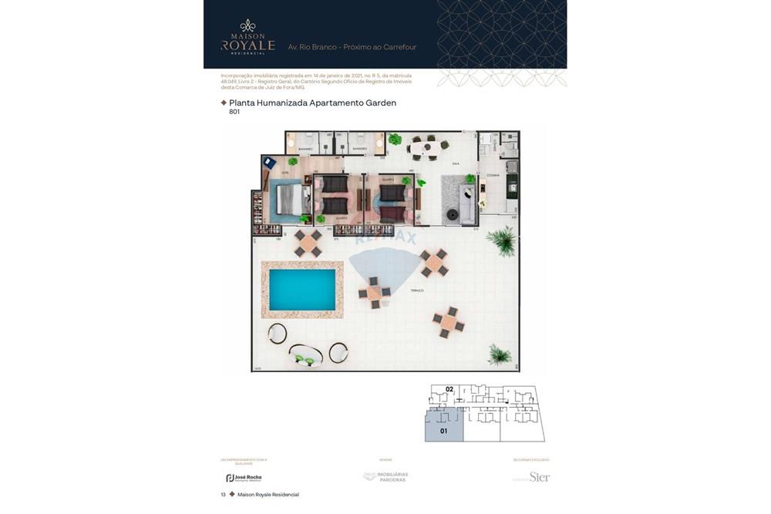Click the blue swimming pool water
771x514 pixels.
(301, 290)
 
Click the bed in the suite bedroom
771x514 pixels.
(287, 199)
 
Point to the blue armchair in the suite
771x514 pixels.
(269, 163)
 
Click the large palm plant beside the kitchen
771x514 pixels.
(503, 241)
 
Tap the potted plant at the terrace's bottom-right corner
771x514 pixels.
(500, 354)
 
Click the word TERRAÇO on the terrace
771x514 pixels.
(416, 290)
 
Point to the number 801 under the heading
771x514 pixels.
(234, 113)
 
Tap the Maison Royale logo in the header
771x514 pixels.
(247, 37)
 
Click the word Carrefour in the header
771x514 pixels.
(398, 47)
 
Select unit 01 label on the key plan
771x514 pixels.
(443, 432)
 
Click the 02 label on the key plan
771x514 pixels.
(449, 389)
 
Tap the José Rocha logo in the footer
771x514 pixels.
(244, 478)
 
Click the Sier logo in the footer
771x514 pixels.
(539, 477)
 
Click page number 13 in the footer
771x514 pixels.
(224, 495)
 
